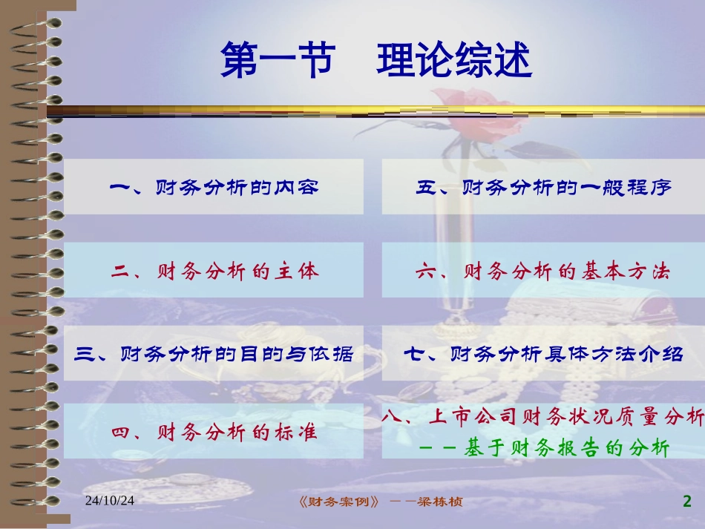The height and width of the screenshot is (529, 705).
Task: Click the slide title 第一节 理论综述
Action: click(376, 61)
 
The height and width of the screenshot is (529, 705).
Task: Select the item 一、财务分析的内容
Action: click(214, 188)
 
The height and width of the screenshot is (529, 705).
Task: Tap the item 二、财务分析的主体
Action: click(214, 272)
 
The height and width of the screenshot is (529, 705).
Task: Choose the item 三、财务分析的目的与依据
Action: click(214, 354)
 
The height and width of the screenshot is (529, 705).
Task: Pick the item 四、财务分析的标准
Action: click(214, 432)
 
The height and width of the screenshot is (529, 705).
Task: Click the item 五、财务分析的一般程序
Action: click(543, 188)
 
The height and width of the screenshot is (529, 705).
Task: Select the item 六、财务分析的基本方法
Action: click(543, 272)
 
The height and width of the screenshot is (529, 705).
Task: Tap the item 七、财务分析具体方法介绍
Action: click(543, 354)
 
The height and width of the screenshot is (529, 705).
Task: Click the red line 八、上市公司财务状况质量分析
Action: click(543, 418)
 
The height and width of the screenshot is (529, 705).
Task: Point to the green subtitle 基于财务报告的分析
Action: click(567, 448)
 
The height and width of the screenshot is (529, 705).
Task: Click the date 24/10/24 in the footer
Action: click(110, 502)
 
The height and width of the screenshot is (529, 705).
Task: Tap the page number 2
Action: click(686, 502)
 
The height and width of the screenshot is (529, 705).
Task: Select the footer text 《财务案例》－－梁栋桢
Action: click(378, 502)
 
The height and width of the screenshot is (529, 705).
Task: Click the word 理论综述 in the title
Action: click(454, 61)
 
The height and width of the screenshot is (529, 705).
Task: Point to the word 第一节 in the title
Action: click(277, 61)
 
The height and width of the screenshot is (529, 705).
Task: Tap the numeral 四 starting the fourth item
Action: click(122, 432)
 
